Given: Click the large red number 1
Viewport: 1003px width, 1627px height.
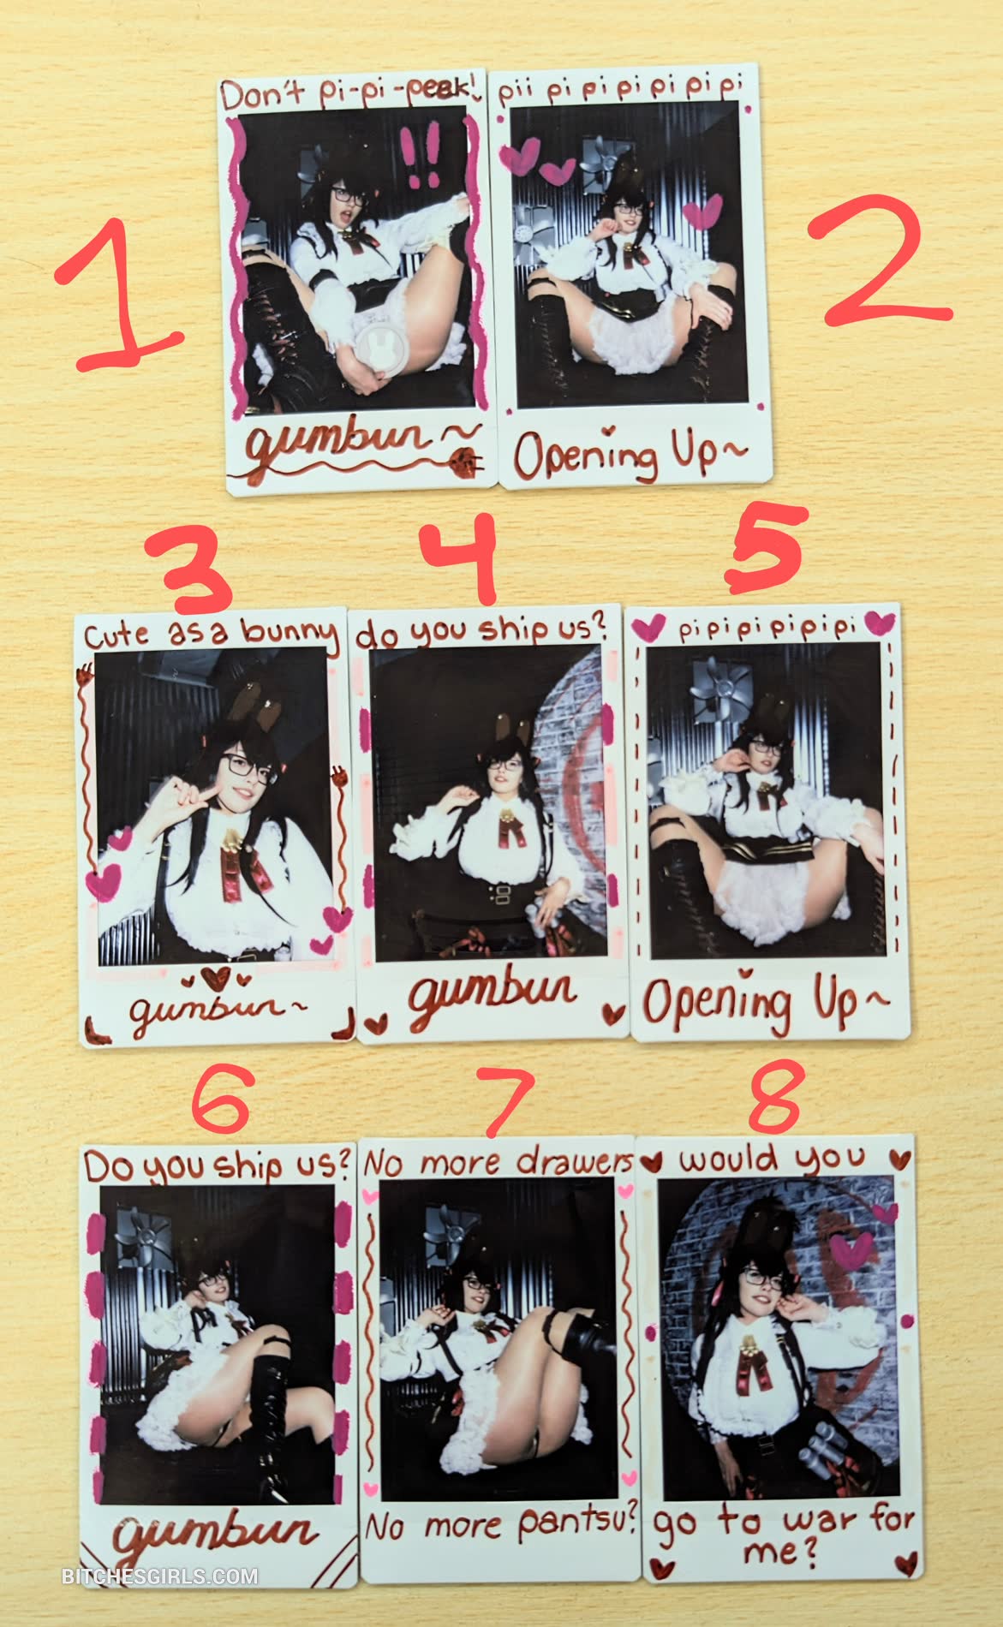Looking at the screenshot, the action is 120,295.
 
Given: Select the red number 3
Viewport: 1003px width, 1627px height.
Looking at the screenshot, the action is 188,566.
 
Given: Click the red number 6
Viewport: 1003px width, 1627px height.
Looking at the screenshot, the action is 220,1100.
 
